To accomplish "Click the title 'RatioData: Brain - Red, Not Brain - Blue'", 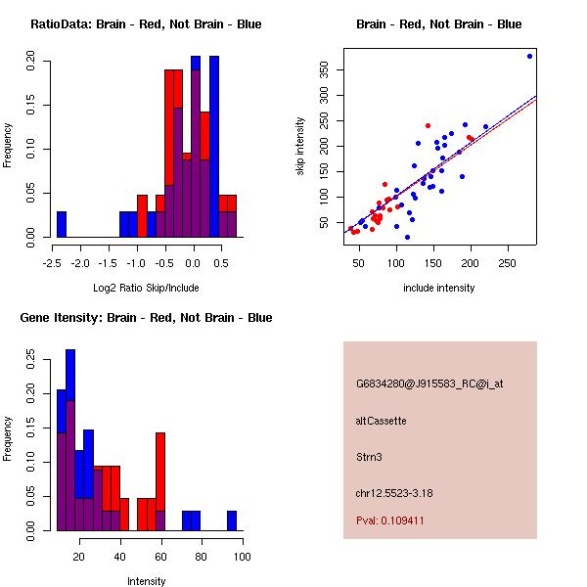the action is (x=146, y=24).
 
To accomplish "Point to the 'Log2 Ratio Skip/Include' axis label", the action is (x=146, y=288).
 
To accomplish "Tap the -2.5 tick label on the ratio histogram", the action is (x=52, y=263).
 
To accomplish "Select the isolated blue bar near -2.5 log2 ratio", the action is (x=62, y=224).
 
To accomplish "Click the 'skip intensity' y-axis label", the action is (x=300, y=147).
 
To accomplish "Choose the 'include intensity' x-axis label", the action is (x=438, y=288).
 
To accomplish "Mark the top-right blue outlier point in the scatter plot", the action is (x=529, y=56).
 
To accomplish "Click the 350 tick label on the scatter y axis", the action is (x=324, y=70).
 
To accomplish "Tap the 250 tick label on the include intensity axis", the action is (x=507, y=263).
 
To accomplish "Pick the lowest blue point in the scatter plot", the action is (x=407, y=238).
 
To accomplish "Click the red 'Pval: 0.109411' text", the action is (x=389, y=520).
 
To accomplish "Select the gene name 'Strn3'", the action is (x=369, y=457).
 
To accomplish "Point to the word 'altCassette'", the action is (x=382, y=421).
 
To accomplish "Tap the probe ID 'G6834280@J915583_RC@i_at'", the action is (x=429, y=384).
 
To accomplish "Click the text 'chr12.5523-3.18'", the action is (x=394, y=493).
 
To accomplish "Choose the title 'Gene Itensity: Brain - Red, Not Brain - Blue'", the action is (x=146, y=318).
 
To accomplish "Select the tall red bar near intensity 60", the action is (x=160, y=481).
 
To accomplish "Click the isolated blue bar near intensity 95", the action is (x=232, y=520).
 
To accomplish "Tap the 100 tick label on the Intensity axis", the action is (x=243, y=557).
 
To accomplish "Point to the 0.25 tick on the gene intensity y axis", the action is (x=30, y=359).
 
